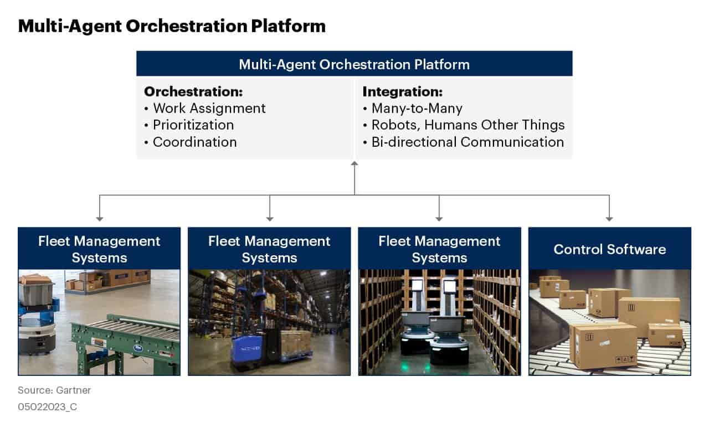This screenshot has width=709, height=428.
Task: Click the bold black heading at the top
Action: (171, 26)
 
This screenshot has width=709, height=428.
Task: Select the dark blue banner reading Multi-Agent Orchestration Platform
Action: (354, 64)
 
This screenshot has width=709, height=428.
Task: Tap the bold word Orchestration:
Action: (193, 91)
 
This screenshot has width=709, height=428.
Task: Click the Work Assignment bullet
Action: (209, 108)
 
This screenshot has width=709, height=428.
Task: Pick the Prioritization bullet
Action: (193, 125)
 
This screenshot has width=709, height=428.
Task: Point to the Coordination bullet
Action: (194, 142)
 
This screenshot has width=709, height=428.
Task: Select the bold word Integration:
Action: (402, 91)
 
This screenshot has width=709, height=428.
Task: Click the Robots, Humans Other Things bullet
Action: (467, 125)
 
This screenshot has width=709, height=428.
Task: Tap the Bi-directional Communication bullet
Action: (467, 142)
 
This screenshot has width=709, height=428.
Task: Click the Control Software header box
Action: (609, 249)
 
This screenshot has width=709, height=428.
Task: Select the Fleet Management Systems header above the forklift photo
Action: (269, 249)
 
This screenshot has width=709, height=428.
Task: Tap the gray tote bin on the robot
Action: (35, 291)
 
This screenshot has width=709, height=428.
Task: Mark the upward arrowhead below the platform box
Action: (354, 163)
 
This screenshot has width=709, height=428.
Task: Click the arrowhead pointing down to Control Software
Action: (609, 219)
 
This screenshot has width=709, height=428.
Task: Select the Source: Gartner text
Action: (54, 390)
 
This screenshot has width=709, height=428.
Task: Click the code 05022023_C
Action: (47, 406)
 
